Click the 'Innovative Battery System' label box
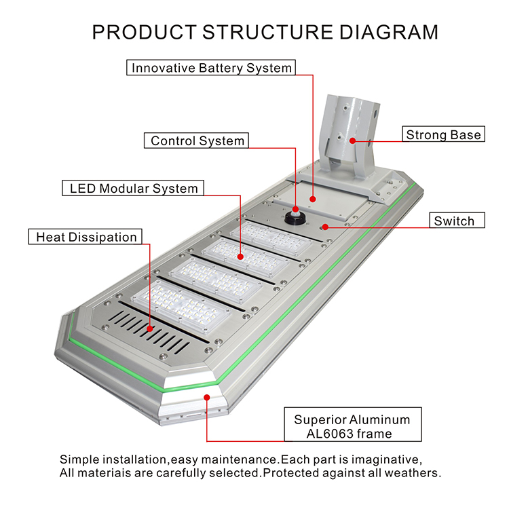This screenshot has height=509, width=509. click(212, 68)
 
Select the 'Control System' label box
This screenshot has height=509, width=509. click(197, 141)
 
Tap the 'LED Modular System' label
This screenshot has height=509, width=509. click(134, 188)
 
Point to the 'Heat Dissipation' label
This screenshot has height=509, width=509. click(86, 237)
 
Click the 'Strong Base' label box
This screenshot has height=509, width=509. click(443, 134)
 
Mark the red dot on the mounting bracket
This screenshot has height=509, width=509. click(353, 140)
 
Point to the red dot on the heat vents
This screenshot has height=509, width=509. click(149, 328)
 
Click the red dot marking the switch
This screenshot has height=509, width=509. click(326, 226)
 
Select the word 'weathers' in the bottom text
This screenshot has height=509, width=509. click(415, 472)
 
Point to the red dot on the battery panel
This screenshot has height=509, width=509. click(312, 199)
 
